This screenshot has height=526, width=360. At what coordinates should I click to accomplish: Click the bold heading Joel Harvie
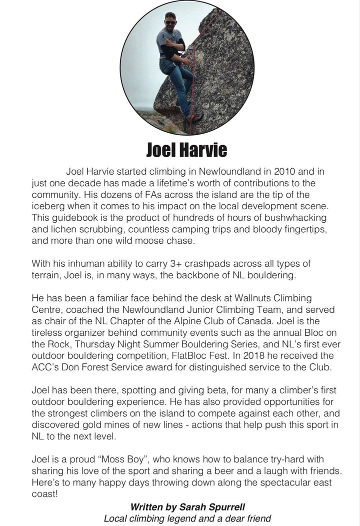tap(186, 149)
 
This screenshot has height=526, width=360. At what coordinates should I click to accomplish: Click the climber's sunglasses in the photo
tap(169, 23)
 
